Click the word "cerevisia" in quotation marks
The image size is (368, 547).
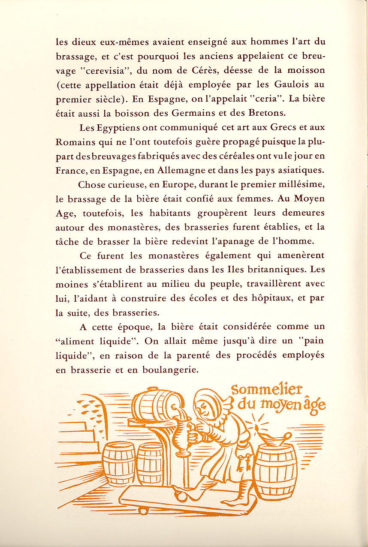click(100, 70)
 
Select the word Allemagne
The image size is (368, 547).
click(182, 170)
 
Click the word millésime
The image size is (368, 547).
click(302, 184)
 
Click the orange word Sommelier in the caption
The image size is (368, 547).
click(267, 390)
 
